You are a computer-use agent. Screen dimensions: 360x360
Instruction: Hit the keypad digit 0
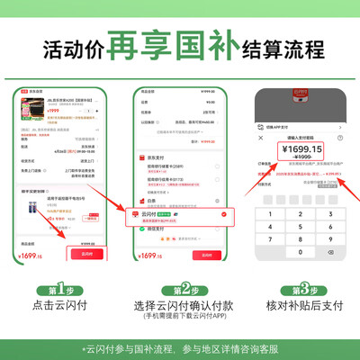point(299,253)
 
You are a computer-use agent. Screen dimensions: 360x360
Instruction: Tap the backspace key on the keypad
point(329,253)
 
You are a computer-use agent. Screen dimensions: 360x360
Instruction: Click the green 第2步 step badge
point(181,291)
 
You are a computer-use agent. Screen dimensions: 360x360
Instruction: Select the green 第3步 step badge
point(301,291)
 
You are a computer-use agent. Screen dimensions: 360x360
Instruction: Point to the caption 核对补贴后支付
point(301,307)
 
